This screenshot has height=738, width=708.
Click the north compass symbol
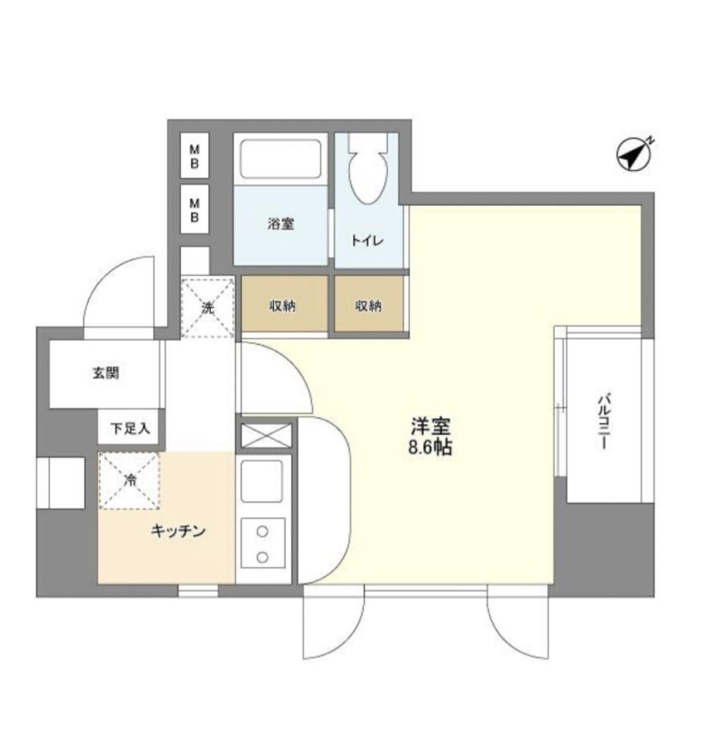634,154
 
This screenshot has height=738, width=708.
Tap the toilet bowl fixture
368,168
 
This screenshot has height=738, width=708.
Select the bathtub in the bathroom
281,159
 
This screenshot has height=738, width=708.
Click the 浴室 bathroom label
281,224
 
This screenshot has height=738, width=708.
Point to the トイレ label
367,241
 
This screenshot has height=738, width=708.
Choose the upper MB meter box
194,156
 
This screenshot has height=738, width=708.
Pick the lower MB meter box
194,209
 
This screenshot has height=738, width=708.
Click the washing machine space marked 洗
208,307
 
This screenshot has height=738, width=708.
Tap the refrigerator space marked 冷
129,481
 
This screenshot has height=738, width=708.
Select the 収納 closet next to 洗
285,303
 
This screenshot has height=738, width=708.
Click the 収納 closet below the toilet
369,303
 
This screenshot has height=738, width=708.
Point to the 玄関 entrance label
106,373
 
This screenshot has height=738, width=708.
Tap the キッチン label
178,531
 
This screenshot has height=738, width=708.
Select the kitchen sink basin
262,481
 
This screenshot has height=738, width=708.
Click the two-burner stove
262,544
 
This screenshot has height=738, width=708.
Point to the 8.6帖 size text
430,447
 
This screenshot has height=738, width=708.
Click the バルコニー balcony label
604,422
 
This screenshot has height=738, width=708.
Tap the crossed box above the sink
266,436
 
